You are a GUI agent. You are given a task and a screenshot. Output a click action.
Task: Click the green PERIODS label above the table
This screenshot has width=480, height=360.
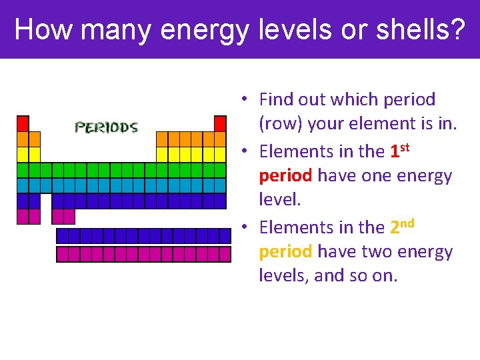point(106,127)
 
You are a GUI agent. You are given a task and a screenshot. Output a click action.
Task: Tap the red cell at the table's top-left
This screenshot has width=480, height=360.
point(23,123)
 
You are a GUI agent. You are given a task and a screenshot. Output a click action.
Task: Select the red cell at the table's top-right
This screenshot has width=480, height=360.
point(220,123)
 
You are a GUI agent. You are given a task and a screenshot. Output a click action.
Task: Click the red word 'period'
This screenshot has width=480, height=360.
point(285,176)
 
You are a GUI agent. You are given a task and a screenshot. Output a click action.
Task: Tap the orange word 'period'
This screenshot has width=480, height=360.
point(285,252)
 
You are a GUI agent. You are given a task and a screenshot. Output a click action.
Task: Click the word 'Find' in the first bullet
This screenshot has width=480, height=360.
point(275,100)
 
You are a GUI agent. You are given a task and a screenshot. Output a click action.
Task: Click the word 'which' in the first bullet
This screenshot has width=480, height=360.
point(353,100)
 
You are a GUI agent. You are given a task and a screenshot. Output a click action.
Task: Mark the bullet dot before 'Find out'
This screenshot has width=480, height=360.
point(245,99)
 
